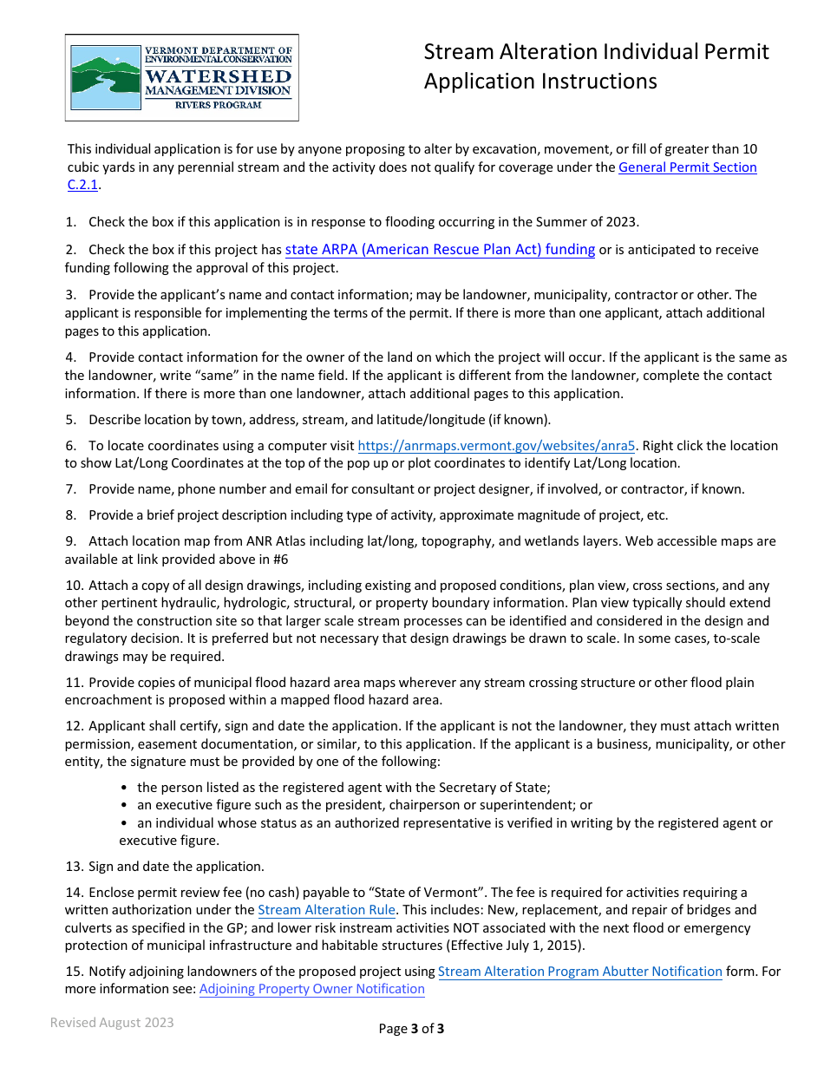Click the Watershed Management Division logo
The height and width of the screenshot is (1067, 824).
click(x=181, y=77)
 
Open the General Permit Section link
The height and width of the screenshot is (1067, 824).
click(x=687, y=167)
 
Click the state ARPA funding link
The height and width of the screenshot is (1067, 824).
click(x=440, y=250)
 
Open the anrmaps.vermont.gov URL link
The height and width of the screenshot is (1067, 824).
click(x=497, y=446)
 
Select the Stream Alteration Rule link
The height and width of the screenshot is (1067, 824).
click(x=326, y=910)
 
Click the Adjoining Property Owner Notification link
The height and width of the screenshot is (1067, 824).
click(x=312, y=989)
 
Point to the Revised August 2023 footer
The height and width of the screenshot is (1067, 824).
click(x=112, y=1023)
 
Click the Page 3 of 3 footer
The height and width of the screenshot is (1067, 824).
click(x=411, y=1030)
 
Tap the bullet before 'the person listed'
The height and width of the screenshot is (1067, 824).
click(x=127, y=789)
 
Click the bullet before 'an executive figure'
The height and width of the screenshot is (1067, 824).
click(x=127, y=806)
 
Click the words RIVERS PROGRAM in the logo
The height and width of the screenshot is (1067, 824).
click(x=219, y=105)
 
